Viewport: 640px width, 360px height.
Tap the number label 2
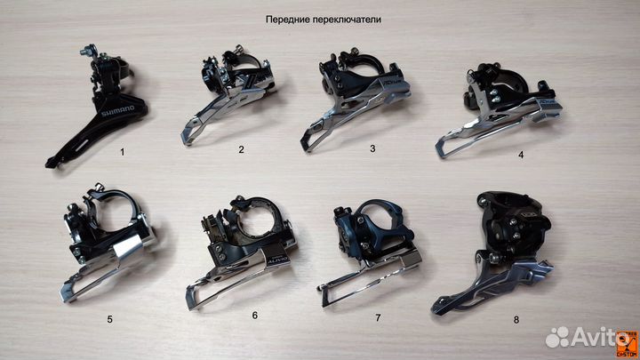pyautogui.click(x=241, y=149)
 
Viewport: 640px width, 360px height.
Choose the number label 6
pyautogui.click(x=255, y=315)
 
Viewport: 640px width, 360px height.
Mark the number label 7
pyautogui.click(x=377, y=316)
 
